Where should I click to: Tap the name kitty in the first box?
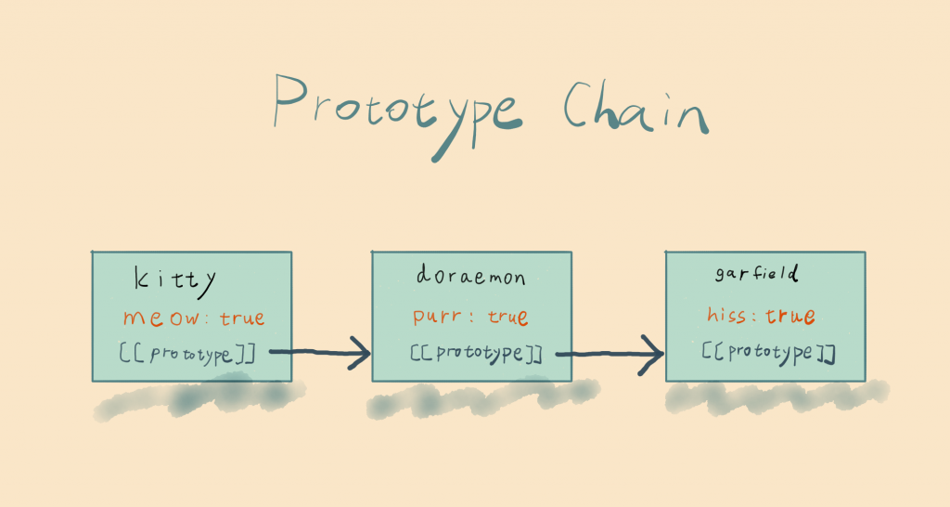click(x=175, y=279)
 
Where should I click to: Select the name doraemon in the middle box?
click(x=470, y=278)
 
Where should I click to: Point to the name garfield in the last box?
click(x=758, y=275)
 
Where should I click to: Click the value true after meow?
click(x=241, y=318)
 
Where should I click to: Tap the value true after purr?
click(x=507, y=318)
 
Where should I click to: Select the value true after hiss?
click(x=790, y=317)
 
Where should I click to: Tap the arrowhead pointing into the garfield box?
click(x=652, y=354)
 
